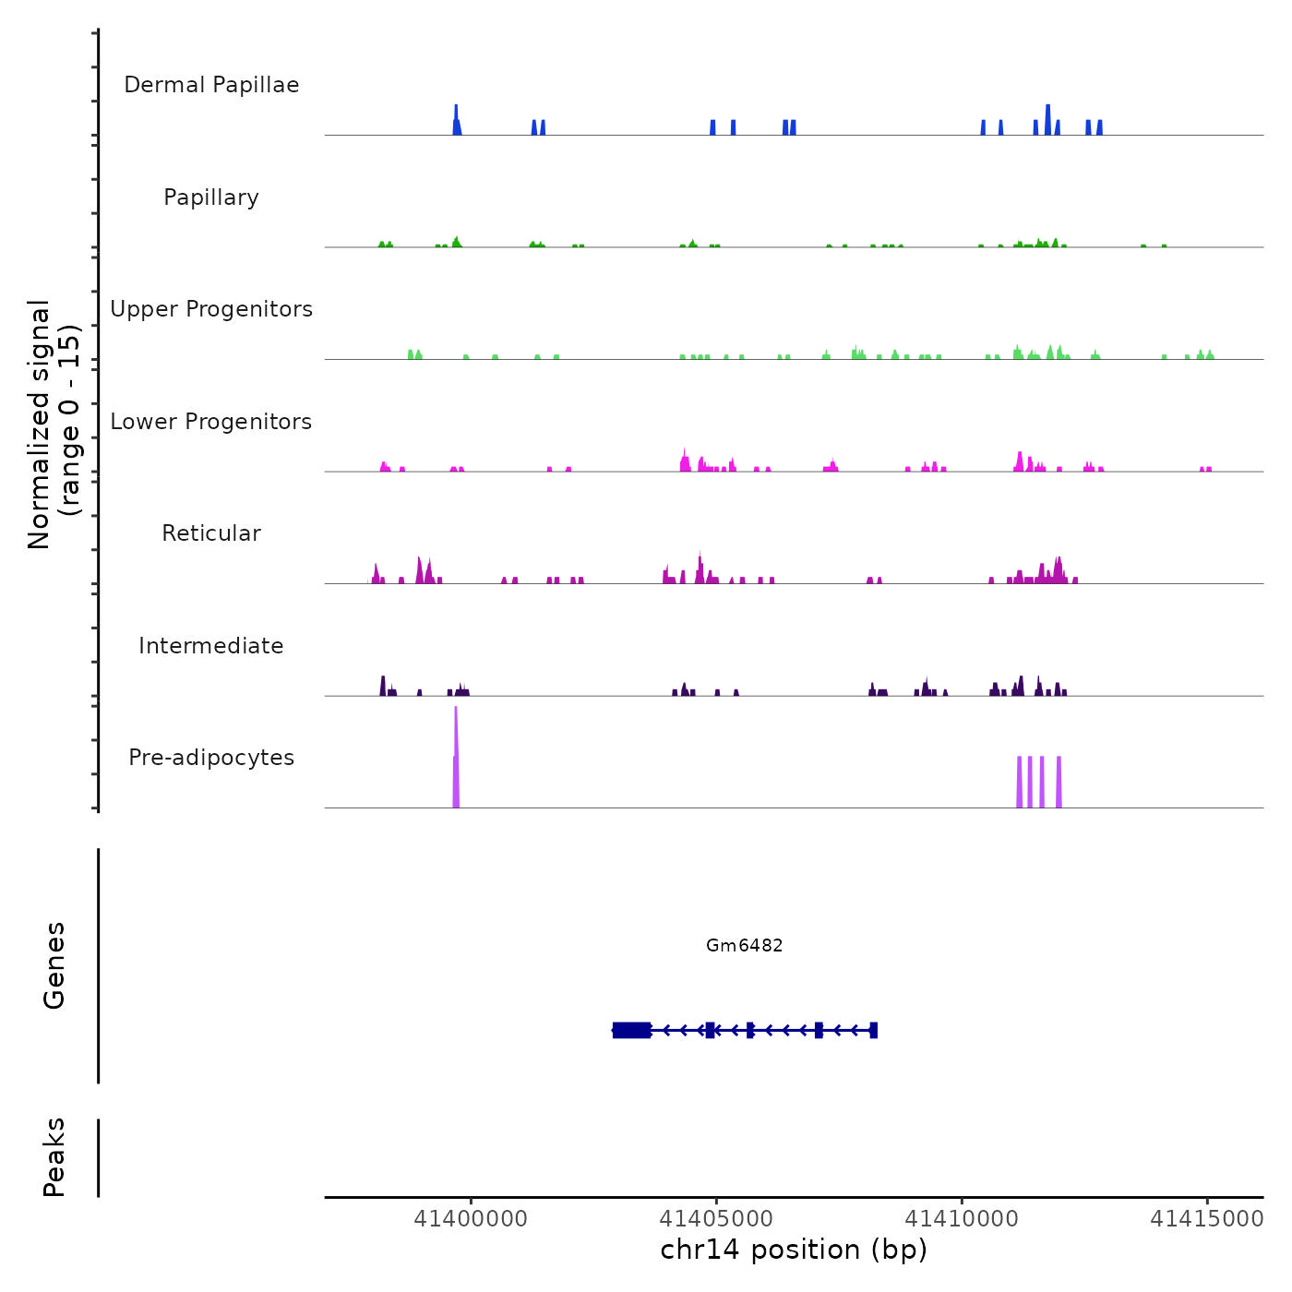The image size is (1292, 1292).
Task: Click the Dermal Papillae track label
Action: click(211, 85)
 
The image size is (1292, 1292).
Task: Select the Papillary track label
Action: click(211, 197)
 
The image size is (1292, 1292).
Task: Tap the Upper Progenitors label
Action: click(211, 309)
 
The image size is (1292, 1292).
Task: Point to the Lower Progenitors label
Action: click(211, 422)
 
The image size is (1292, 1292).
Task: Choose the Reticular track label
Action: click(211, 533)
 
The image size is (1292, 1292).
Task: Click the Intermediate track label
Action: click(211, 646)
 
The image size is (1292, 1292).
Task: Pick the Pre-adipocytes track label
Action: click(211, 758)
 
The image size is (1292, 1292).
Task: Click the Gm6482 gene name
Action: click(744, 945)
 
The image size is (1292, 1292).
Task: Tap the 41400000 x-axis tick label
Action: click(471, 1219)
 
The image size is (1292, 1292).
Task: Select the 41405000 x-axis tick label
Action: click(716, 1219)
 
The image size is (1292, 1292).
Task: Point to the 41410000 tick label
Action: click(962, 1219)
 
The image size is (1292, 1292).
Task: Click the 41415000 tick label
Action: click(1206, 1219)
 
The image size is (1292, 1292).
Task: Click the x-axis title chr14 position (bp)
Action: click(794, 1250)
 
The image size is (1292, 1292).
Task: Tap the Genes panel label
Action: click(54, 965)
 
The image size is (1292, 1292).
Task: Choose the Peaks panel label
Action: click(54, 1157)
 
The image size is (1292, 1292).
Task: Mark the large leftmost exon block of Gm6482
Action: click(632, 1030)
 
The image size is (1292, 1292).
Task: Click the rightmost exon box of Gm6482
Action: click(873, 1030)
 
